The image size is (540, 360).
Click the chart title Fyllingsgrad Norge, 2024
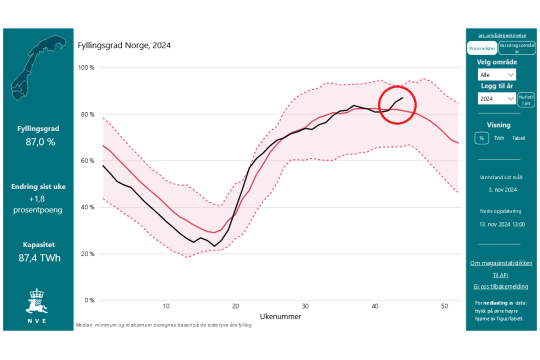click(x=124, y=45)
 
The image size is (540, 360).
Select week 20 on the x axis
click(x=235, y=306)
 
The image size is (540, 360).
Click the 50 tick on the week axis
click(x=444, y=306)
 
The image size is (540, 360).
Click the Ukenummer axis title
click(x=280, y=316)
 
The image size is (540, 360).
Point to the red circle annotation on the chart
click(x=397, y=104)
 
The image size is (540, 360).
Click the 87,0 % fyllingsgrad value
click(x=40, y=142)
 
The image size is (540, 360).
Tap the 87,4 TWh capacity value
click(x=39, y=258)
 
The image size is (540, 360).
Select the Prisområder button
click(x=482, y=48)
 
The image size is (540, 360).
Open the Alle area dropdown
click(x=497, y=75)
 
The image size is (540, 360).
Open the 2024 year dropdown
click(x=497, y=99)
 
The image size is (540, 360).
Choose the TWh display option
click(x=499, y=138)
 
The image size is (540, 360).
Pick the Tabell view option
click(x=518, y=138)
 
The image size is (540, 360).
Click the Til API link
click(x=501, y=275)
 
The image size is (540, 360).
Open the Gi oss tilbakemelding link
click(x=500, y=286)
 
